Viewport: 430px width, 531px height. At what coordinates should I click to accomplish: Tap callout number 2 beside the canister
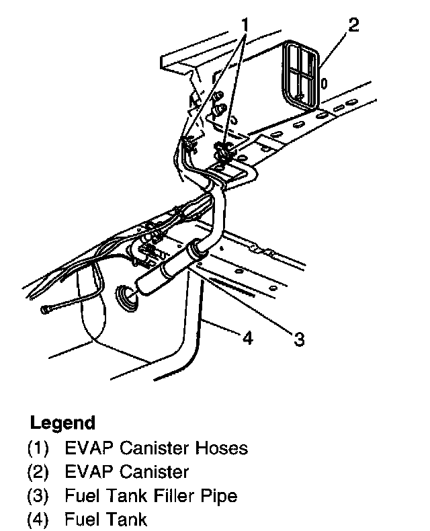(x=353, y=27)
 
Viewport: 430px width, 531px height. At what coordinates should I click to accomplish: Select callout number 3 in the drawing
(x=299, y=339)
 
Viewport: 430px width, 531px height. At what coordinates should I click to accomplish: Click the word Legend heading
(x=62, y=423)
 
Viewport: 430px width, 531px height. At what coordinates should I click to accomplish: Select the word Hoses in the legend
(x=222, y=448)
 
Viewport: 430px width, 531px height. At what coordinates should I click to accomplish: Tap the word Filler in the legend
(x=172, y=496)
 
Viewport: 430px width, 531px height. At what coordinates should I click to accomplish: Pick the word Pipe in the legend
(x=221, y=496)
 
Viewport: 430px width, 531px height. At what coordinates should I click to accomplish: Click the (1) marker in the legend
(x=38, y=448)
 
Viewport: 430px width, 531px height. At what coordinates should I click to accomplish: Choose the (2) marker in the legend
(x=38, y=472)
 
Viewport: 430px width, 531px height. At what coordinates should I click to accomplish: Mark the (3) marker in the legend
(x=38, y=496)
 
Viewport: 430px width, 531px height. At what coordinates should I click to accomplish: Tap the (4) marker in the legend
(x=38, y=520)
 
